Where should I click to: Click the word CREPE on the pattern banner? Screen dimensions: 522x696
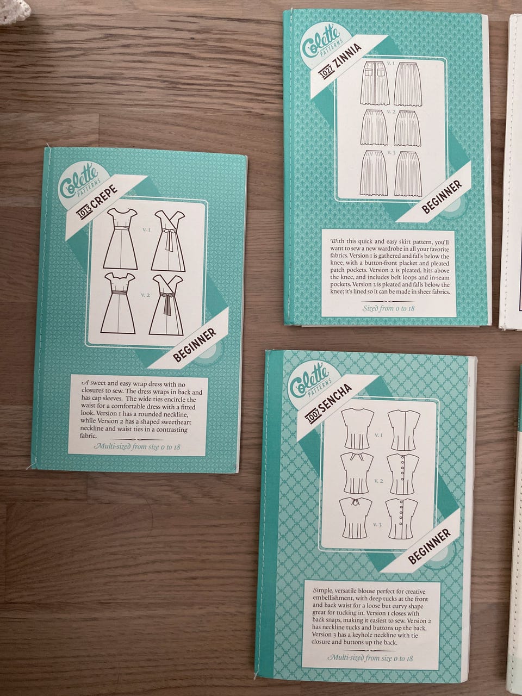[x=105, y=197]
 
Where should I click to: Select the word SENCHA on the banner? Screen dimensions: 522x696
[x=336, y=397]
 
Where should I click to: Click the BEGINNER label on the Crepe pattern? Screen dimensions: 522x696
[x=195, y=345]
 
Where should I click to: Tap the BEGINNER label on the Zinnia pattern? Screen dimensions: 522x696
[x=442, y=197]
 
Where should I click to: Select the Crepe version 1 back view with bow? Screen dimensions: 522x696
[x=169, y=241]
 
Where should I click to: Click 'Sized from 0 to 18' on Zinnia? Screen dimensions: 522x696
[x=389, y=308]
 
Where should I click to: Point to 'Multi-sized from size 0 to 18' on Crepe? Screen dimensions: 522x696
[x=137, y=447]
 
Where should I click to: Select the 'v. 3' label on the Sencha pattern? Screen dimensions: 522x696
[x=377, y=524]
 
